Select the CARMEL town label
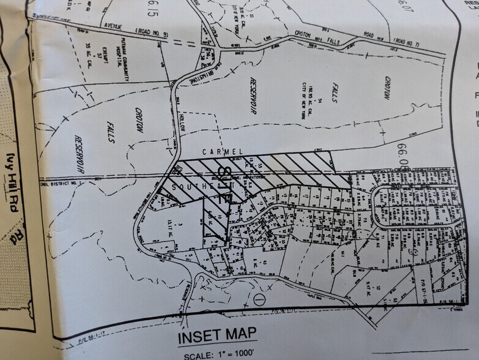point(226,151)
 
